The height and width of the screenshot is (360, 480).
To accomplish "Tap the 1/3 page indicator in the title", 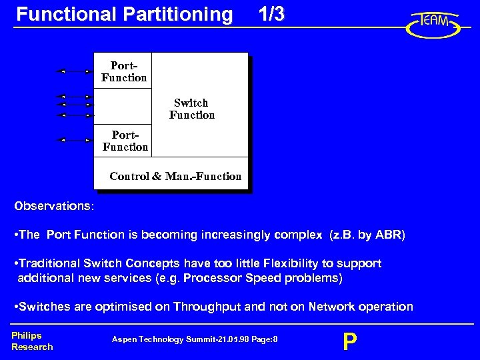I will (271, 15).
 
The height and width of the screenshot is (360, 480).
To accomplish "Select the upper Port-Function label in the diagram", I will (124, 72).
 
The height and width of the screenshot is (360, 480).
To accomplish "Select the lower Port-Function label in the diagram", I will (125, 141).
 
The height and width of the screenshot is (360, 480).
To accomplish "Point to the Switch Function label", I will (192, 109).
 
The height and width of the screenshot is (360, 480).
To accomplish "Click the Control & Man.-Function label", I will (175, 176).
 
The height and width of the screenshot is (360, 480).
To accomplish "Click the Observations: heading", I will (54, 206).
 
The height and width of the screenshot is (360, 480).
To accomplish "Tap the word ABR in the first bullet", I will (388, 235).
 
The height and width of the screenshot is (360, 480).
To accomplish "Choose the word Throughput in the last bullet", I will (207, 307).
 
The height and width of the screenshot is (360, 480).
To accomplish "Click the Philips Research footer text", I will (31, 341).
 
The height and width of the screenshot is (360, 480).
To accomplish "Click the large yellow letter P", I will (349, 342).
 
